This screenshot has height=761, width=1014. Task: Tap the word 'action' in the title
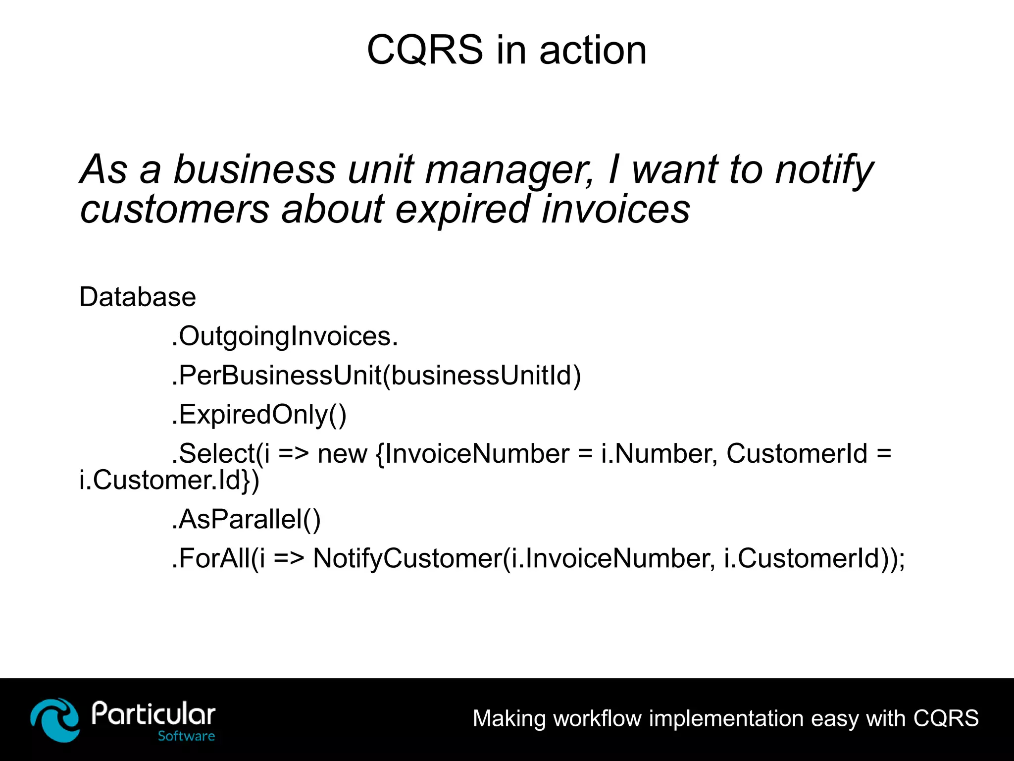tap(593, 51)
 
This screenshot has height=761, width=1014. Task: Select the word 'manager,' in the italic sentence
tap(509, 170)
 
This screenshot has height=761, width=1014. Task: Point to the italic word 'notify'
tap(824, 170)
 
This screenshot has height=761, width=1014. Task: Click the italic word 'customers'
tap(175, 209)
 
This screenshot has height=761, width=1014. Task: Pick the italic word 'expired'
tap(462, 210)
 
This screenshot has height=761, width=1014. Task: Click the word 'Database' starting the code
tap(138, 297)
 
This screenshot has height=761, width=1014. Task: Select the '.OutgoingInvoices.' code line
tap(285, 336)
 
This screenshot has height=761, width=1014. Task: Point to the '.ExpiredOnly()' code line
tap(259, 414)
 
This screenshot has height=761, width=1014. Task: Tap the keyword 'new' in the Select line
tap(342, 453)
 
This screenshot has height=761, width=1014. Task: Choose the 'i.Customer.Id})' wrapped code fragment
tap(169, 480)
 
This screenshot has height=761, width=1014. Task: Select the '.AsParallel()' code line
tap(246, 519)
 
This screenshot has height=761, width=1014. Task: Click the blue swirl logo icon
tap(54, 719)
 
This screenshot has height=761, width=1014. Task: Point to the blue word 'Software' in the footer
tap(186, 736)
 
